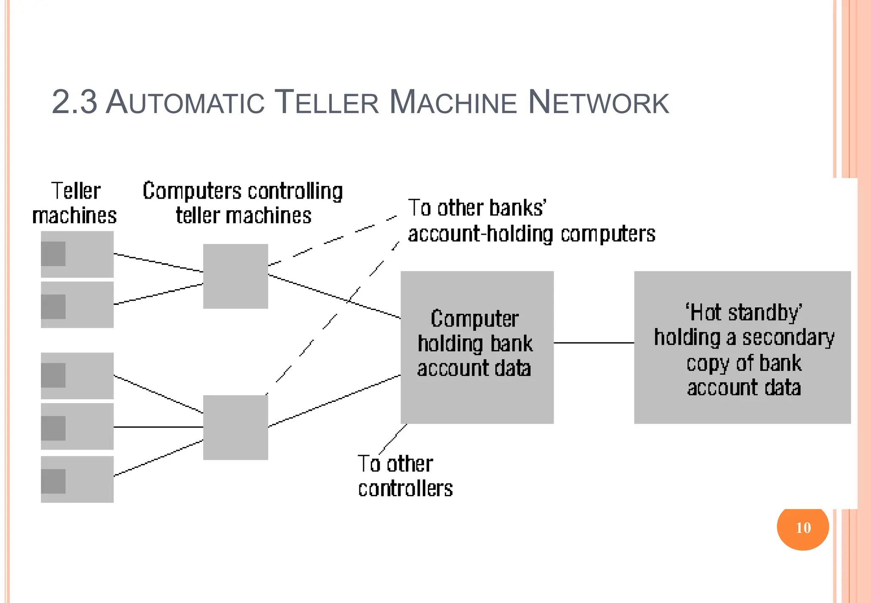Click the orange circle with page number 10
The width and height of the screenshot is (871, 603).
803,527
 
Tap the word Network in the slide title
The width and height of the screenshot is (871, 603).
598,102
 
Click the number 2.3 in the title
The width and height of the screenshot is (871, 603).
74,102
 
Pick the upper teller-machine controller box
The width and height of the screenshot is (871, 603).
235,276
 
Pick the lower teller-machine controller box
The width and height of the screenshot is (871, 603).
235,427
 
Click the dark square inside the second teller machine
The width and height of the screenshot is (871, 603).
53,307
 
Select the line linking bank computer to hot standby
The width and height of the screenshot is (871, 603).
594,343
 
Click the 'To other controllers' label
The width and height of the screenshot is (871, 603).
405,476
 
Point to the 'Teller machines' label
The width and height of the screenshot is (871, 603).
75,203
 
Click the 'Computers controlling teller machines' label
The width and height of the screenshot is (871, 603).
243,203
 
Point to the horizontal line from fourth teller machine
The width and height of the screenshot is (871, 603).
158,427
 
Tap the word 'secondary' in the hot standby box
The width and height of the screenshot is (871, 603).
788,338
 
